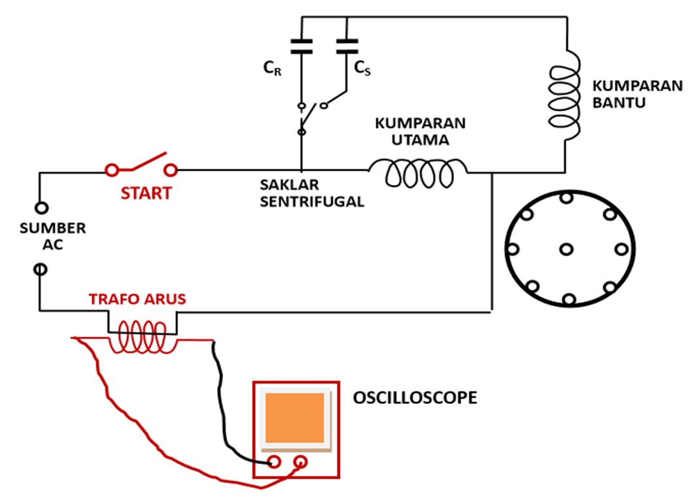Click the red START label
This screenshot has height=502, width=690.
[x=146, y=193]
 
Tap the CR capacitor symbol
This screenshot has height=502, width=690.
[x=302, y=46]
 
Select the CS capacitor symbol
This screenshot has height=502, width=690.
[x=347, y=46]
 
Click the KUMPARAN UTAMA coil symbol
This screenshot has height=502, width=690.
[x=418, y=173]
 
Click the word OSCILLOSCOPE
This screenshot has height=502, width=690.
[x=415, y=397]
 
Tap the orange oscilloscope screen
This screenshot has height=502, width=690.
[x=294, y=418]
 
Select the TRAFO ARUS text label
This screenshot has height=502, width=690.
[x=137, y=299]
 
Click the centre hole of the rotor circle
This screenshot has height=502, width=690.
[x=566, y=250]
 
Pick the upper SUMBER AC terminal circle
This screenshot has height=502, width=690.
[x=41, y=208]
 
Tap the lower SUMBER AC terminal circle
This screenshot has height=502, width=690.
[x=41, y=269]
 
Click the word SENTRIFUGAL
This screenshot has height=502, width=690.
[x=311, y=201]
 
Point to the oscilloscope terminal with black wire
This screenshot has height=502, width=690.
[x=274, y=461]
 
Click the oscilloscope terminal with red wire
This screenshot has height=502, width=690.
[x=301, y=461]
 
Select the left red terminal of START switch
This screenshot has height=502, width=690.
[x=112, y=170]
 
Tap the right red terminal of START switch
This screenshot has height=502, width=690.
[x=171, y=170]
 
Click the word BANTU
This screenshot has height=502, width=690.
[x=619, y=103]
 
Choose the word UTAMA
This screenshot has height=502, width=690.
[x=421, y=140]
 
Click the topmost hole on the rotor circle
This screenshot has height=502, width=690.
[x=566, y=197]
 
